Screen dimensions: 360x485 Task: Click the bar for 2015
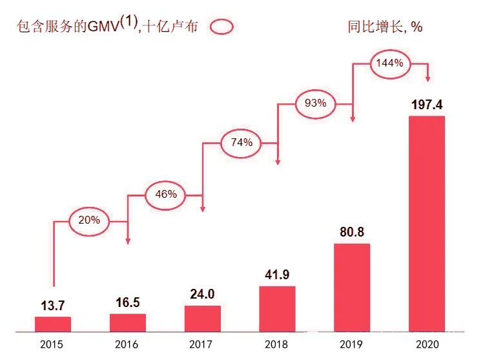click(x=53, y=323)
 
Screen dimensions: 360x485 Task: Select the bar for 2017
click(x=202, y=318)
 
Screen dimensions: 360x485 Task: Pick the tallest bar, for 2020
click(x=426, y=223)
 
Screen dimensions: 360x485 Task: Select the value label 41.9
click(x=277, y=275)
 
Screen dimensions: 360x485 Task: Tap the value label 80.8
click(x=352, y=231)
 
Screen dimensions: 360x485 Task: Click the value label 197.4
click(x=426, y=104)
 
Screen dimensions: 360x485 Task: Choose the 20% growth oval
click(x=90, y=220)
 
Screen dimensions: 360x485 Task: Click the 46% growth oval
click(x=165, y=195)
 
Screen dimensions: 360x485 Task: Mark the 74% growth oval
click(x=241, y=143)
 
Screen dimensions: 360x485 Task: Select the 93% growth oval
click(x=315, y=103)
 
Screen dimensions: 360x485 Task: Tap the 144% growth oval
click(x=390, y=63)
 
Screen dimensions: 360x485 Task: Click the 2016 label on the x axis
click(x=128, y=345)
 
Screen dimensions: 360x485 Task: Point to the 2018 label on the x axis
click(x=277, y=345)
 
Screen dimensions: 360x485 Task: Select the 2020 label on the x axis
click(x=426, y=345)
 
